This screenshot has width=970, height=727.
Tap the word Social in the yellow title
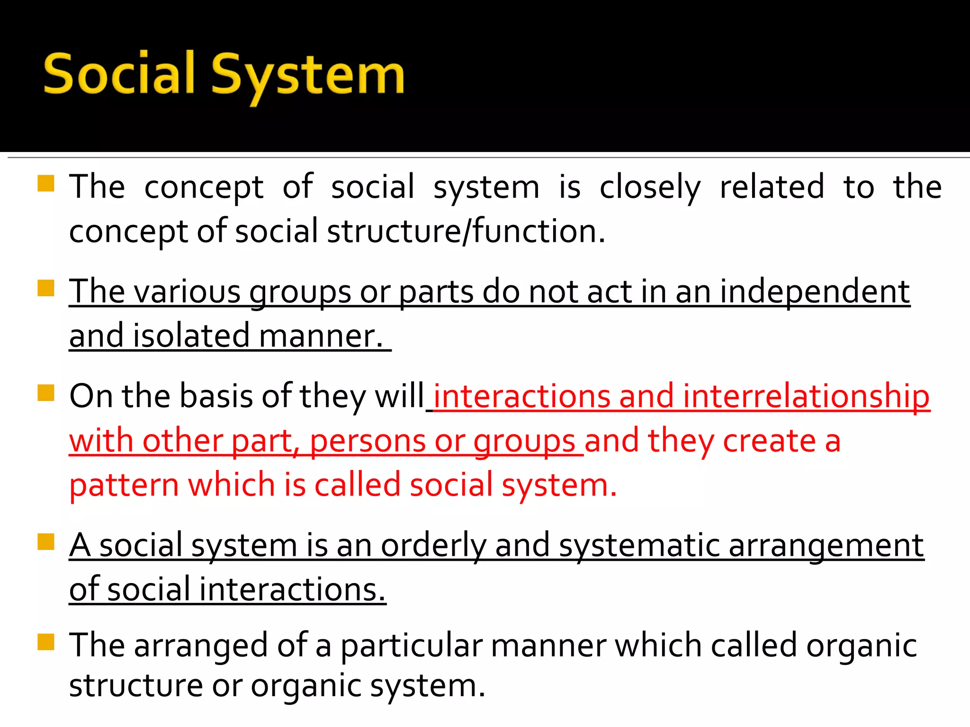pos(119,73)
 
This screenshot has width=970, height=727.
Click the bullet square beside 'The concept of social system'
pos(46,183)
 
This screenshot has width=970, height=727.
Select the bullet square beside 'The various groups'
pos(46,288)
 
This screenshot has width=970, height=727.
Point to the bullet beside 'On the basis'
pos(46,392)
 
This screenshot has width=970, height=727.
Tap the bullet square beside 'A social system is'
pos(46,541)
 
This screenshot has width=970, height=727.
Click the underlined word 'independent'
pos(815,292)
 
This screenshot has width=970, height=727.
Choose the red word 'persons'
pos(368,442)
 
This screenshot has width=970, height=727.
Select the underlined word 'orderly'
pos(433,546)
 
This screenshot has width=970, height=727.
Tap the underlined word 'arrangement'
pos(826,546)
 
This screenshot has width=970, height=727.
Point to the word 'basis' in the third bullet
pos(216,397)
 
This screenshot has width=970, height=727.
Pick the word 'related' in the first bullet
pos(772,187)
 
